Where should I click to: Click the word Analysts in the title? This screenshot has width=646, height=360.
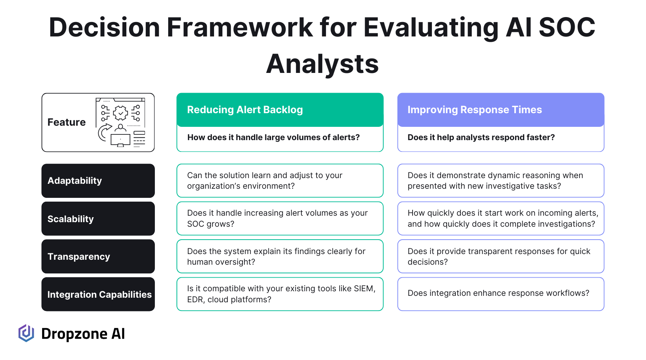click(x=322, y=64)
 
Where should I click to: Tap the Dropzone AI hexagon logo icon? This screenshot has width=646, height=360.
click(x=26, y=333)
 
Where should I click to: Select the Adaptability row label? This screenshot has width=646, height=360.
click(x=98, y=181)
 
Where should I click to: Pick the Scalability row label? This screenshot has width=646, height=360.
click(x=98, y=219)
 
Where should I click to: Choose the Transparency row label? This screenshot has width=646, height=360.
click(x=98, y=256)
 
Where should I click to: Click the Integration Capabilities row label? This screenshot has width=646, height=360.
click(x=98, y=294)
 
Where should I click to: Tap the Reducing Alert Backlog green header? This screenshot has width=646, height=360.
click(x=280, y=110)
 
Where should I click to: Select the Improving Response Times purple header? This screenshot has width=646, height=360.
click(x=501, y=110)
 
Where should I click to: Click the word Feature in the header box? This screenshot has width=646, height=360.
click(x=66, y=122)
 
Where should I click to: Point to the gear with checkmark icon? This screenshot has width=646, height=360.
click(x=120, y=113)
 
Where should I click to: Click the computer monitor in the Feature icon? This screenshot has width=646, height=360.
click(x=120, y=141)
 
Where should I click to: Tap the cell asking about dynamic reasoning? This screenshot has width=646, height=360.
click(x=501, y=181)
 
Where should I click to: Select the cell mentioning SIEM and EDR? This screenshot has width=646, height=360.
click(x=280, y=294)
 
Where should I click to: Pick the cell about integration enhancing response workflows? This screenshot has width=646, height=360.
click(x=501, y=294)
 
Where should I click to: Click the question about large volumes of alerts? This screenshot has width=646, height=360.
click(x=273, y=137)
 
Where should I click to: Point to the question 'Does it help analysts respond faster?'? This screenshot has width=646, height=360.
click(x=481, y=137)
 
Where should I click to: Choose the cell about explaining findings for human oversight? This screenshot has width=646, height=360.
click(x=280, y=256)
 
